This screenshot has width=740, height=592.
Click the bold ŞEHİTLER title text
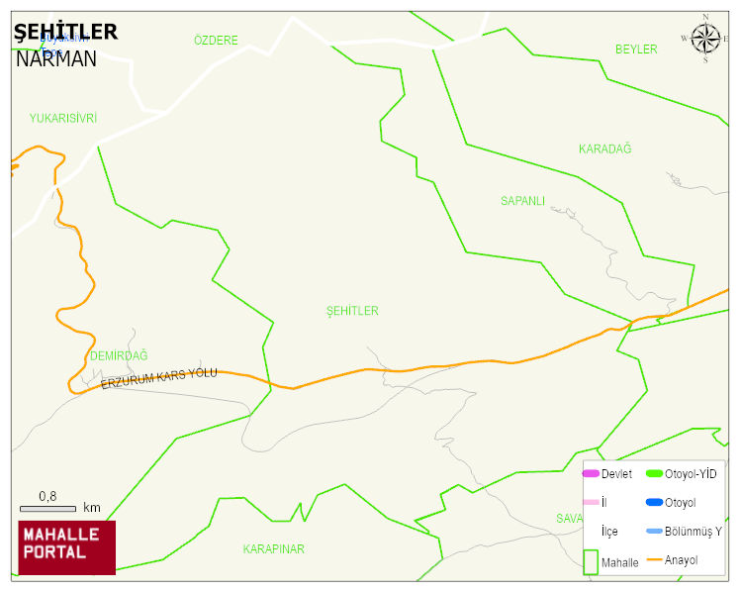pyautogui.click(x=65, y=32)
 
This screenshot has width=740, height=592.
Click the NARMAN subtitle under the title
pyautogui.click(x=55, y=58)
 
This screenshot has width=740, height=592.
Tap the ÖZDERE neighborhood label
pyautogui.click(x=216, y=41)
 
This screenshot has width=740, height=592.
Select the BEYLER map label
pyautogui.click(x=635, y=49)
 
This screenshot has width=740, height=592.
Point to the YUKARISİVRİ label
pyautogui.click(x=63, y=118)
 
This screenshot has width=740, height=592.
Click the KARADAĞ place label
pyautogui.click(x=604, y=149)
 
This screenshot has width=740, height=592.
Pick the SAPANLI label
pyautogui.click(x=522, y=201)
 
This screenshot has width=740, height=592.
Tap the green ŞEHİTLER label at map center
pyautogui.click(x=352, y=311)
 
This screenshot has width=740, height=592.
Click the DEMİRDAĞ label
pyautogui.click(x=118, y=355)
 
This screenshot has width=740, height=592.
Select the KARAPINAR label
pyautogui.click(x=273, y=548)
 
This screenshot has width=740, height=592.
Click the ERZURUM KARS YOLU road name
pyautogui.click(x=158, y=378)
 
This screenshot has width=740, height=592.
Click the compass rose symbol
pyautogui.click(x=705, y=39)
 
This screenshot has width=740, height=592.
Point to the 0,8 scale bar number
pyautogui.click(x=47, y=495)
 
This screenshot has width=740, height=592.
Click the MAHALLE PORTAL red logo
pyautogui.click(x=66, y=546)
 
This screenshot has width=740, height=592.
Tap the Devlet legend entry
pyautogui.click(x=615, y=474)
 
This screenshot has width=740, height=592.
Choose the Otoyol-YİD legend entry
pyautogui.click(x=690, y=474)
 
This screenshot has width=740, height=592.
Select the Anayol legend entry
pyautogui.click(x=681, y=560)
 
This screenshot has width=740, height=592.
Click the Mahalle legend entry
pyautogui.click(x=619, y=562)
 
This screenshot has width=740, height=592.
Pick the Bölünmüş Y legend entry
pyautogui.click(x=692, y=532)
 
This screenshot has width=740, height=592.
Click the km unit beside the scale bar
pyautogui.click(x=92, y=508)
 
